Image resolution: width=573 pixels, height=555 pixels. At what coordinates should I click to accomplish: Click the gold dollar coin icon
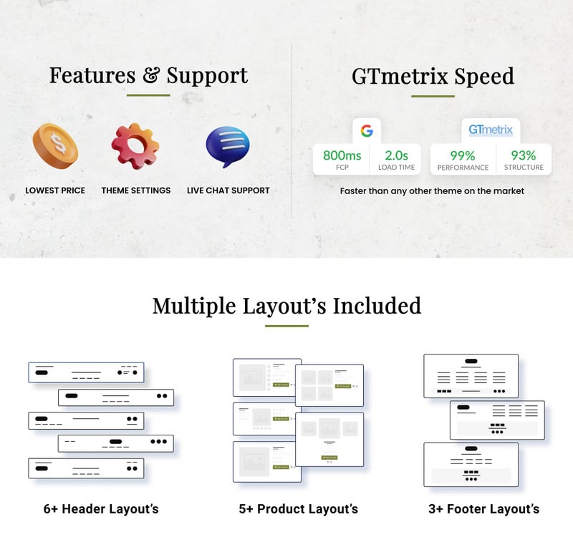[55, 146]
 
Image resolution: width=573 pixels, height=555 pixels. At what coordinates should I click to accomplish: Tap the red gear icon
[135, 146]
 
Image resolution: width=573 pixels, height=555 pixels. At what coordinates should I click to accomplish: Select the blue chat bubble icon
[228, 146]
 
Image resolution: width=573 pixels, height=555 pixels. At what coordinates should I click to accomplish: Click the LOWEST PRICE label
[55, 190]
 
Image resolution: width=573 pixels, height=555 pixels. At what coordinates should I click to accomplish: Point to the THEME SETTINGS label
[136, 190]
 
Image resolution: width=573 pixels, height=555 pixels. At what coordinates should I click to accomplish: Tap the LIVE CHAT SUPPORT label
[228, 190]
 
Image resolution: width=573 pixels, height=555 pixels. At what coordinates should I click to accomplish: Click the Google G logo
[367, 131]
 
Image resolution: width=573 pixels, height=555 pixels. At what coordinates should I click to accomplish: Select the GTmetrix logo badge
[491, 131]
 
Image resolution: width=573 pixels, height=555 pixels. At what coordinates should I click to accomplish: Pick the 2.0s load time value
[396, 155]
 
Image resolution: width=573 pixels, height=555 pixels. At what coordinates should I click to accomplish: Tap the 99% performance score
[463, 155]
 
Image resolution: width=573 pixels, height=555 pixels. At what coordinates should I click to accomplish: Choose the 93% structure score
[524, 155]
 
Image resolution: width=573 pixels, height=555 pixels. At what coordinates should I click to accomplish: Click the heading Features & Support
[148, 75]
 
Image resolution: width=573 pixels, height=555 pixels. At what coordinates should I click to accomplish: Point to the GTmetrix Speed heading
[433, 76]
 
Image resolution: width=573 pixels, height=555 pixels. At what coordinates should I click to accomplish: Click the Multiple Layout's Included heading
[286, 306]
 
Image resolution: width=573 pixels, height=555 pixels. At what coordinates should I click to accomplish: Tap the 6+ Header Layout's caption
[101, 509]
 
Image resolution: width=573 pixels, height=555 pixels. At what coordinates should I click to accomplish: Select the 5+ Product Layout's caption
[298, 509]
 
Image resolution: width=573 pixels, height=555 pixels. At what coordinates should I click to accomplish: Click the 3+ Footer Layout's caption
[483, 509]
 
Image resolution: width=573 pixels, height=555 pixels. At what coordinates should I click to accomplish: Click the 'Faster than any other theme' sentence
[432, 191]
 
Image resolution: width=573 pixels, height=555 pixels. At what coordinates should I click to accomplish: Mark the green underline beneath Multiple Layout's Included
[286, 326]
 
